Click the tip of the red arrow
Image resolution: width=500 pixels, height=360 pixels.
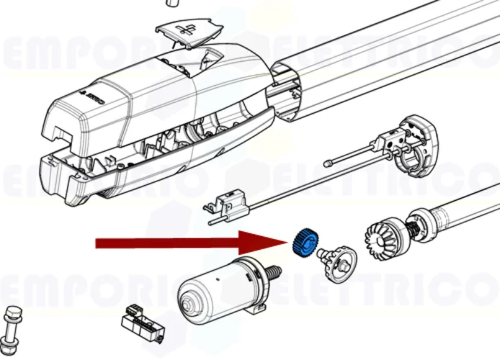click(x=287, y=243)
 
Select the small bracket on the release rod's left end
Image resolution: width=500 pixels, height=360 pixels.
click(x=229, y=205)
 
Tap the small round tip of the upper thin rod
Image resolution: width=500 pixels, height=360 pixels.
click(x=328, y=163)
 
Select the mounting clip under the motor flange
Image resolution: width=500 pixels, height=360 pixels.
click(x=253, y=310)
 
